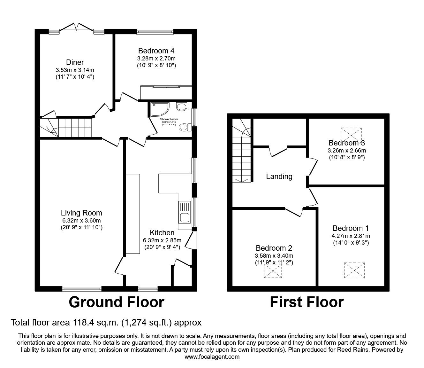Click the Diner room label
75,62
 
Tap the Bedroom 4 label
156,51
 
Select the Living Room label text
81,213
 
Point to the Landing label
279,176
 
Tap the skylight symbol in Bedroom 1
354,270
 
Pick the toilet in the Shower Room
185,128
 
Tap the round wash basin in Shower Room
182,107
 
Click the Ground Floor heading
117,302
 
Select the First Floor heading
307,302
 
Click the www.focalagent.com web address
212,357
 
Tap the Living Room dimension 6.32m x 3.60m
81,221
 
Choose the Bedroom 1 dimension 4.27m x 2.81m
351,236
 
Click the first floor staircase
242,153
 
